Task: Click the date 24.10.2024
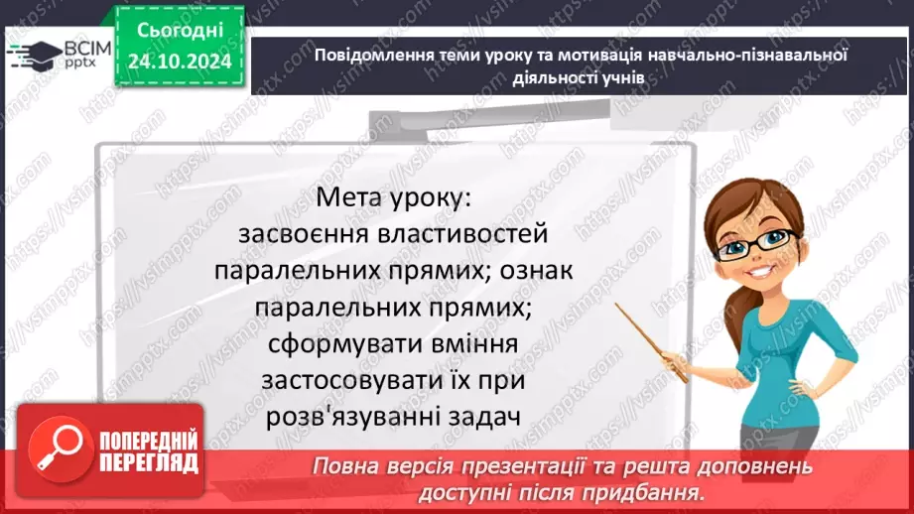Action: pos(180,62)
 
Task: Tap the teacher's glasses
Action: pos(762,241)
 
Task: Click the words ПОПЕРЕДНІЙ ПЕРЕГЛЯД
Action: pos(149,451)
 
